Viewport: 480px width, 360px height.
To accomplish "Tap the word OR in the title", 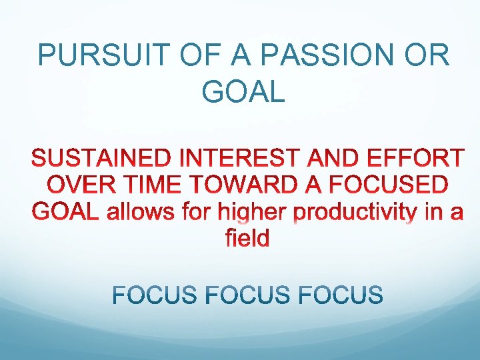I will click(x=425, y=56).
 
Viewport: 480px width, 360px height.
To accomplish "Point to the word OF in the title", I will click(x=193, y=56).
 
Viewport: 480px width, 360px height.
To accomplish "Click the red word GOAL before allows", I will click(x=63, y=211).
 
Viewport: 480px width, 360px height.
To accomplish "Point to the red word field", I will click(x=247, y=238).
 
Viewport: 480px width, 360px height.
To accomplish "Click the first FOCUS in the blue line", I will click(x=155, y=295).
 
